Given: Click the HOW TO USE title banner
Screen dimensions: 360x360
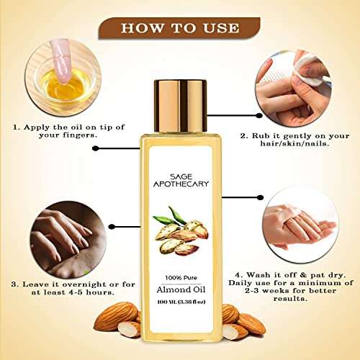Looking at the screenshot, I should coord(179,28).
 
